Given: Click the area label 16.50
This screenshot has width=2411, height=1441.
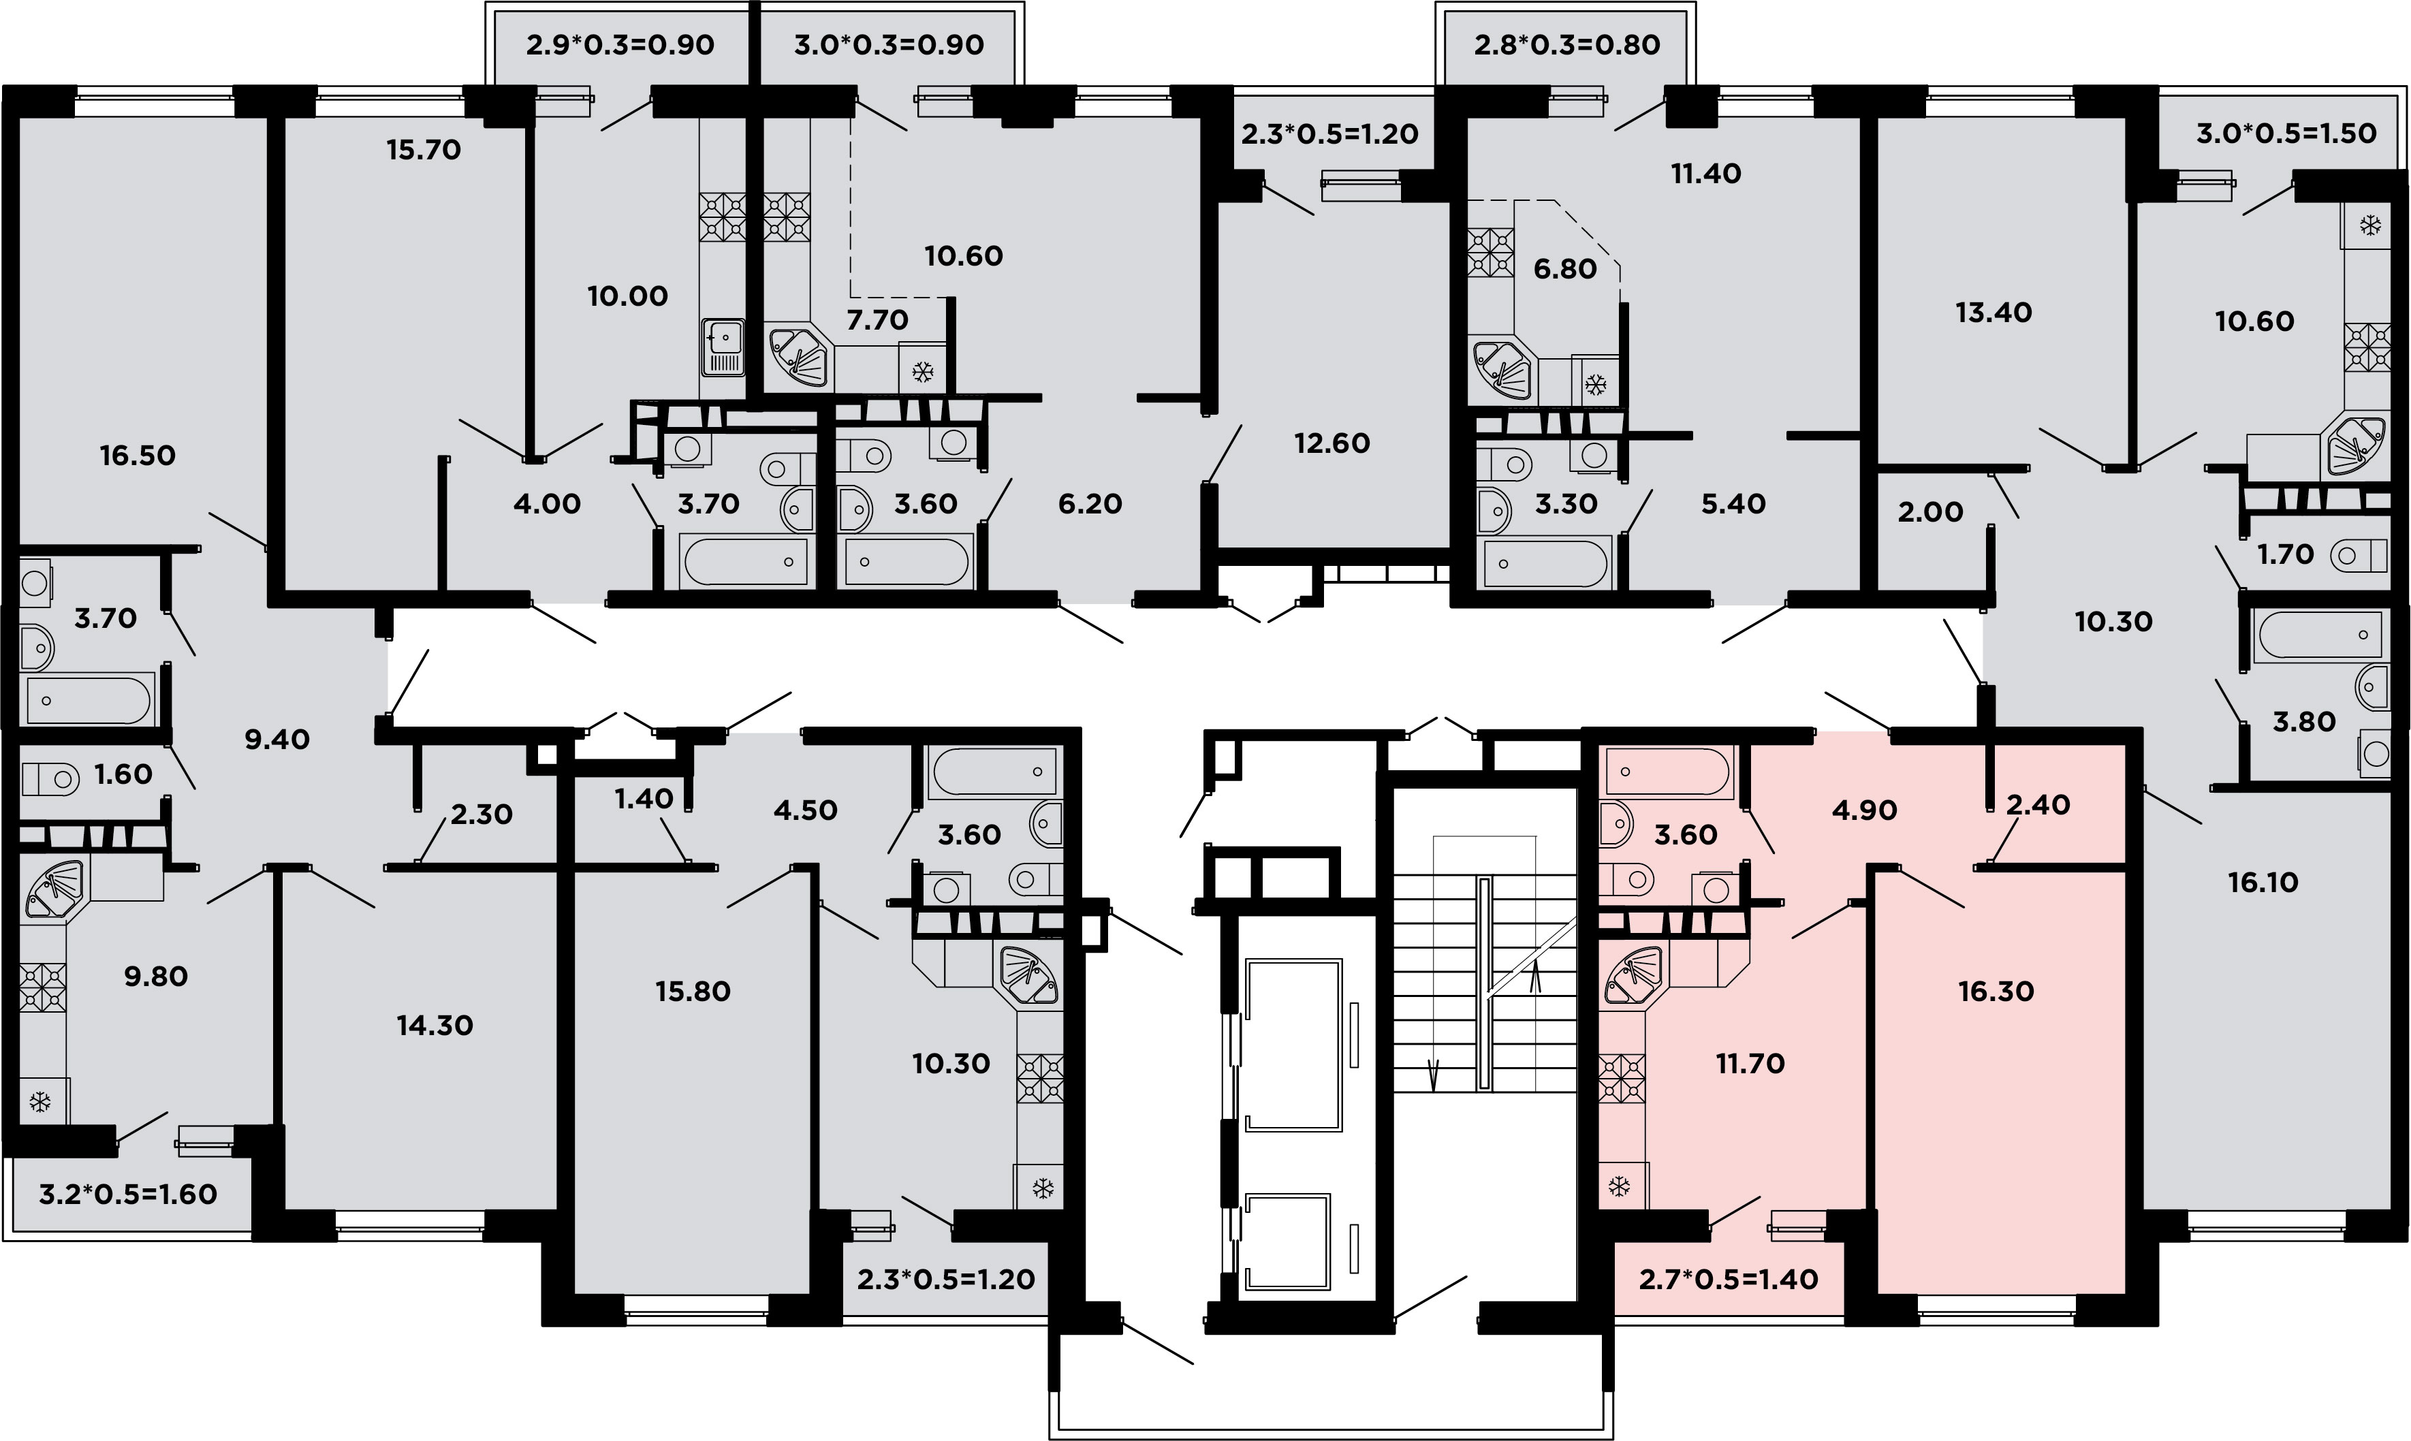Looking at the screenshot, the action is click(138, 456).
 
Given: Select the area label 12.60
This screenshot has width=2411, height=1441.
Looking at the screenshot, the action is click(1332, 444).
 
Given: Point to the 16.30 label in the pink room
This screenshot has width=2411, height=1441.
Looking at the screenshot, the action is click(1996, 992).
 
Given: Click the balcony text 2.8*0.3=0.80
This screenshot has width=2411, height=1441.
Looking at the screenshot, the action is click(1567, 45).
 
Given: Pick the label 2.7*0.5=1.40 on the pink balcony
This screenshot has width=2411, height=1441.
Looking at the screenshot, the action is click(1729, 1279).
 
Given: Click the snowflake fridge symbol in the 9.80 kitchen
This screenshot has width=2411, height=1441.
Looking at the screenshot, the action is click(40, 1102).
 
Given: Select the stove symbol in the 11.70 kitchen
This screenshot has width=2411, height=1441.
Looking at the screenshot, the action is click(1622, 1079).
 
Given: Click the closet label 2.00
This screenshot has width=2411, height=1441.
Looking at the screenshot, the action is click(1930, 511).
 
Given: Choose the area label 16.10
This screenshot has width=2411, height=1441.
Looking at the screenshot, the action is click(2263, 883).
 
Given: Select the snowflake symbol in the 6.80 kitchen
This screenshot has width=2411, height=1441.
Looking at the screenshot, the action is click(1594, 385).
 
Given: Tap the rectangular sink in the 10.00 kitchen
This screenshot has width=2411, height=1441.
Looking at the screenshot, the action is click(723, 347).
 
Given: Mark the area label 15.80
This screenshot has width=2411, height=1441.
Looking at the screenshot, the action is click(693, 992).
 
